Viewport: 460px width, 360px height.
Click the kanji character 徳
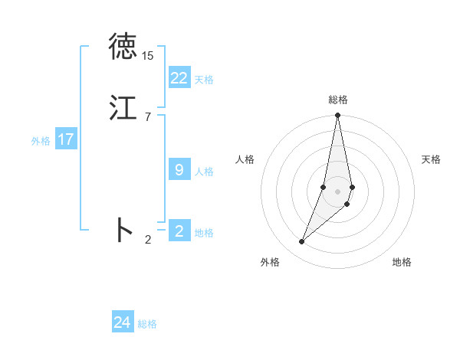click(x=123, y=47)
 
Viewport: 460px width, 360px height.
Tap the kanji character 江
click(x=123, y=108)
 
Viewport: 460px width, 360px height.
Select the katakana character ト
click(x=123, y=230)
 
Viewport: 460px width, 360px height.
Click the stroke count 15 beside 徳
click(x=148, y=56)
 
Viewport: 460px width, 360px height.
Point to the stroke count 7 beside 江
click(x=148, y=116)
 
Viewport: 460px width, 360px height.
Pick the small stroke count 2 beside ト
click(x=148, y=240)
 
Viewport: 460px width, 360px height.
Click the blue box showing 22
click(x=179, y=77)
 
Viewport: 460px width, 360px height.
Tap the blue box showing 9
click(x=179, y=170)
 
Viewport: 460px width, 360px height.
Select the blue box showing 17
click(x=65, y=139)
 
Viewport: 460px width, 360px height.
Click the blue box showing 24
click(x=123, y=322)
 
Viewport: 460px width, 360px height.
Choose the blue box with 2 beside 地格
click(x=179, y=231)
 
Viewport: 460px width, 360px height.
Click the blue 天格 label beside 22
click(x=204, y=79)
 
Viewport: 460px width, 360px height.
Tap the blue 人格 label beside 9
click(x=204, y=172)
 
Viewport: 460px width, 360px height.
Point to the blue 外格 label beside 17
click(x=41, y=141)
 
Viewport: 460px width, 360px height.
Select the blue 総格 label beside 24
click(x=147, y=324)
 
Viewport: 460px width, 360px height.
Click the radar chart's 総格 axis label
click(x=338, y=100)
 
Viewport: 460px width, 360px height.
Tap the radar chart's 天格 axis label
click(x=432, y=159)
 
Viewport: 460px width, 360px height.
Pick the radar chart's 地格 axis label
click(x=402, y=262)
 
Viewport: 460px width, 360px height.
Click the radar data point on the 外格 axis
click(x=301, y=242)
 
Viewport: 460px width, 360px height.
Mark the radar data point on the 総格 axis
click(x=337, y=116)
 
